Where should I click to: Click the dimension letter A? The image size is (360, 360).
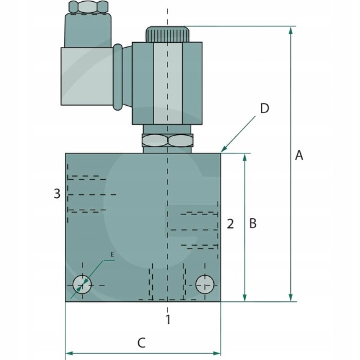pyautogui.click(x=299, y=155)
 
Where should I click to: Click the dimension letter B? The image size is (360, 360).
pyautogui.click(x=253, y=223)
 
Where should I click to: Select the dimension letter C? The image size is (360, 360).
pyautogui.click(x=141, y=343)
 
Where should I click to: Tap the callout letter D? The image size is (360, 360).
pyautogui.click(x=265, y=108)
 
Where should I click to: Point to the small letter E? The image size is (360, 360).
pyautogui.click(x=112, y=254)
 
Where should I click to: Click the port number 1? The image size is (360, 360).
pyautogui.click(x=168, y=320)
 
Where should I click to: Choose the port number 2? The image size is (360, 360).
pyautogui.click(x=230, y=224)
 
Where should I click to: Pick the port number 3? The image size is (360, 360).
pyautogui.click(x=57, y=193)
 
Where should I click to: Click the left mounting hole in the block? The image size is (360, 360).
pyautogui.click(x=82, y=285)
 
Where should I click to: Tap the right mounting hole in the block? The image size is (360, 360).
pyautogui.click(x=205, y=284)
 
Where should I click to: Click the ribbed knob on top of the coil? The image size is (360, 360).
pyautogui.click(x=167, y=34)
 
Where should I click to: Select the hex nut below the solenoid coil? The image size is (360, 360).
pyautogui.click(x=167, y=141)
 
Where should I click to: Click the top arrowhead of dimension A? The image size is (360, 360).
pyautogui.click(x=291, y=31)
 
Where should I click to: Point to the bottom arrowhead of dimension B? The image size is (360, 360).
pyautogui.click(x=244, y=297)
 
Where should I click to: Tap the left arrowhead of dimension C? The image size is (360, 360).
pyautogui.click(x=70, y=353)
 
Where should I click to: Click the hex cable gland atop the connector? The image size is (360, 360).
pyautogui.click(x=89, y=7)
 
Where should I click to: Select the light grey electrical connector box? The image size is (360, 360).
pyautogui.click(x=87, y=76)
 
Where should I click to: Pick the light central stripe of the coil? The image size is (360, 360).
pyautogui.click(x=168, y=83)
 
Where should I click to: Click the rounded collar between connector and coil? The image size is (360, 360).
pyautogui.click(x=118, y=77)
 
